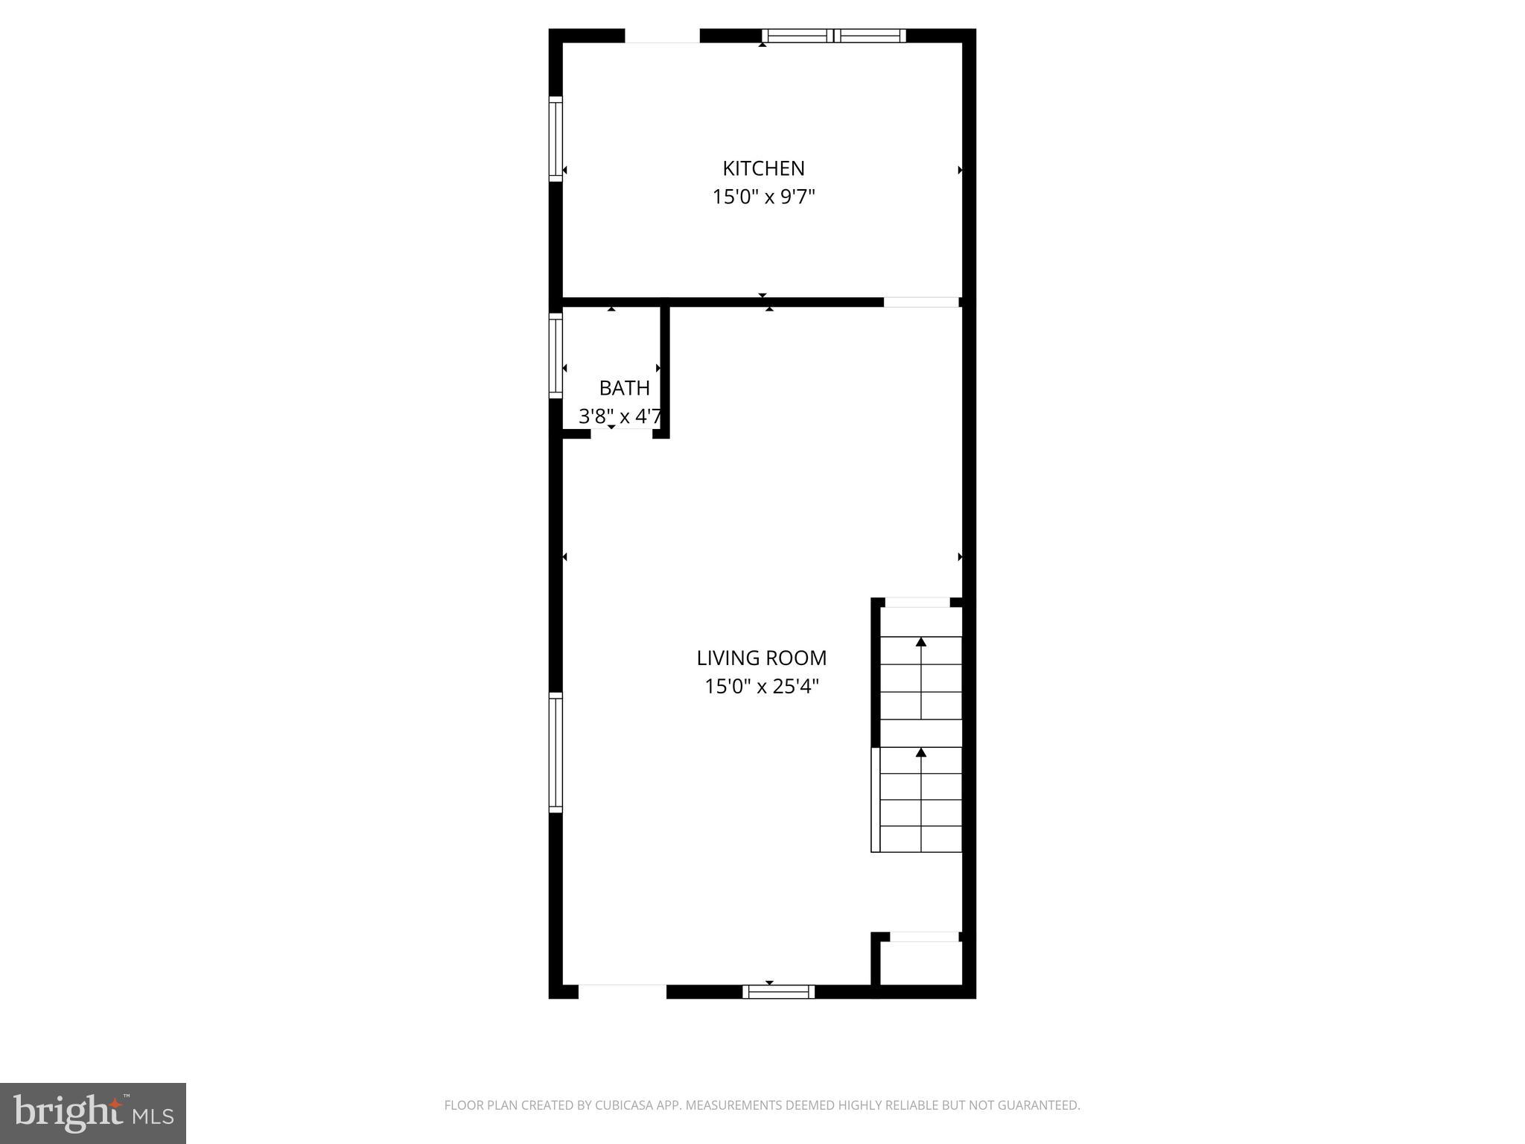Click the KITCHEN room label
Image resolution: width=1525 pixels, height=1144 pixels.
[x=763, y=168]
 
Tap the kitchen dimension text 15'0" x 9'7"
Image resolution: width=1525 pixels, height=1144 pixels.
[x=763, y=197]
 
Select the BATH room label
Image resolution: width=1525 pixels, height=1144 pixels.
[x=624, y=388]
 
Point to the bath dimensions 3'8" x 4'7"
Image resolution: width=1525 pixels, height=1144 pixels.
[x=620, y=416]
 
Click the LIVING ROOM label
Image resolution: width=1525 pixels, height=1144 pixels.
[x=761, y=658]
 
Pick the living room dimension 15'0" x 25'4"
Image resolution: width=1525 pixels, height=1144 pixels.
[x=761, y=686]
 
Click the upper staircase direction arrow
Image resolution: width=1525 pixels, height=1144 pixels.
[x=921, y=642]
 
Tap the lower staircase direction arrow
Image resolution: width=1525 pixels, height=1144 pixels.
[x=921, y=753]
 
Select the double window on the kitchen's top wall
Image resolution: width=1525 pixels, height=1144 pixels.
[x=834, y=36]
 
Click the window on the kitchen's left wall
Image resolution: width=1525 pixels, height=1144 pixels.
[x=555, y=139]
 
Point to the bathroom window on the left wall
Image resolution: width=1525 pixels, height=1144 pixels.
[x=555, y=356]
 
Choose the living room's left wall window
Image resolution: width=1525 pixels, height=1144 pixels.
[x=555, y=752]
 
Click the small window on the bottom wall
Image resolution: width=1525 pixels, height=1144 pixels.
[x=778, y=991]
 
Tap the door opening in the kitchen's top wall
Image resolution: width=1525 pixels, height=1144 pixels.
[x=662, y=36]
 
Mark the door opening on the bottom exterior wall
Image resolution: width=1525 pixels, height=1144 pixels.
[x=622, y=991]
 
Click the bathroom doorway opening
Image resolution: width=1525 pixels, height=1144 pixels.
[x=622, y=433]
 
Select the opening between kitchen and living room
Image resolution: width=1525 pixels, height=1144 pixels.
[x=921, y=302]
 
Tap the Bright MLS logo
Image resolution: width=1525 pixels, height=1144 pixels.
[x=93, y=1113]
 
